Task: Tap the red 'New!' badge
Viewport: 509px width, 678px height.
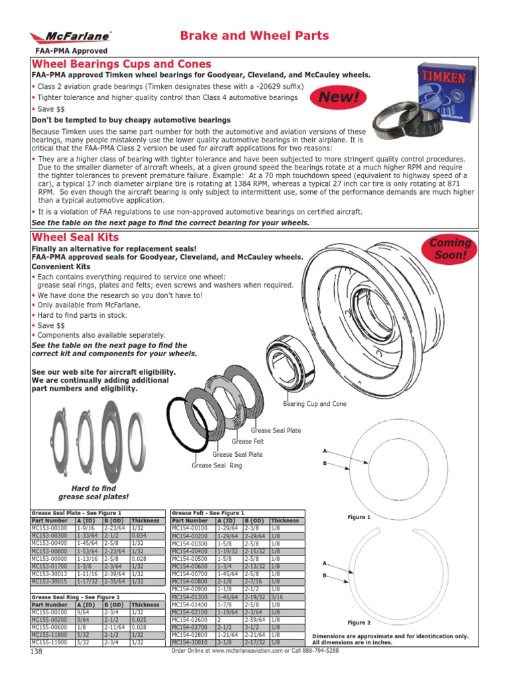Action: click(341, 98)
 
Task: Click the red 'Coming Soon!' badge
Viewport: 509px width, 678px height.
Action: click(451, 248)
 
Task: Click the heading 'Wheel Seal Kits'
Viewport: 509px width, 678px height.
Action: click(76, 237)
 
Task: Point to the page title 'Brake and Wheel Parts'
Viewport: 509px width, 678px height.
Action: click(254, 36)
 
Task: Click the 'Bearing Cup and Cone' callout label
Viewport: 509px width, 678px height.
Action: click(315, 403)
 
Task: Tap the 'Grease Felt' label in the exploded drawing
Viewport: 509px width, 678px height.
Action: click(248, 441)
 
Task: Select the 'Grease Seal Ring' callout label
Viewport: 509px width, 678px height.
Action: click(217, 465)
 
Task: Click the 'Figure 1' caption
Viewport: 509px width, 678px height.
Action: click(359, 517)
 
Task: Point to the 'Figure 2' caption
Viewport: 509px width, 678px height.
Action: click(359, 623)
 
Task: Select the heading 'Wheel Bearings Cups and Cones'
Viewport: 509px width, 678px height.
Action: click(122, 64)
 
